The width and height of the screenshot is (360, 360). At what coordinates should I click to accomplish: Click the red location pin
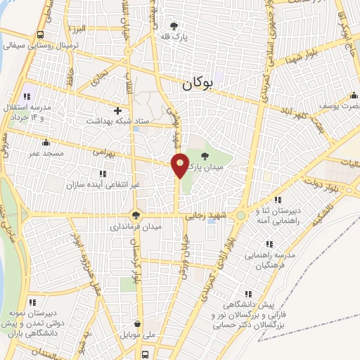pos(180,164)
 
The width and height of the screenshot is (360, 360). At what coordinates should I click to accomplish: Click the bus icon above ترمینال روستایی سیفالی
pos(40,34)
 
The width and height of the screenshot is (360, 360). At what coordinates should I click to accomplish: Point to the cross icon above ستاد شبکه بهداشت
pos(117,110)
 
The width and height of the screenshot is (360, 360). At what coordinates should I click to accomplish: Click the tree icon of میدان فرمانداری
pos(135,215)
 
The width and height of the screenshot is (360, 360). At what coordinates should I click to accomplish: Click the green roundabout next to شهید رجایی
pos(240,215)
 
